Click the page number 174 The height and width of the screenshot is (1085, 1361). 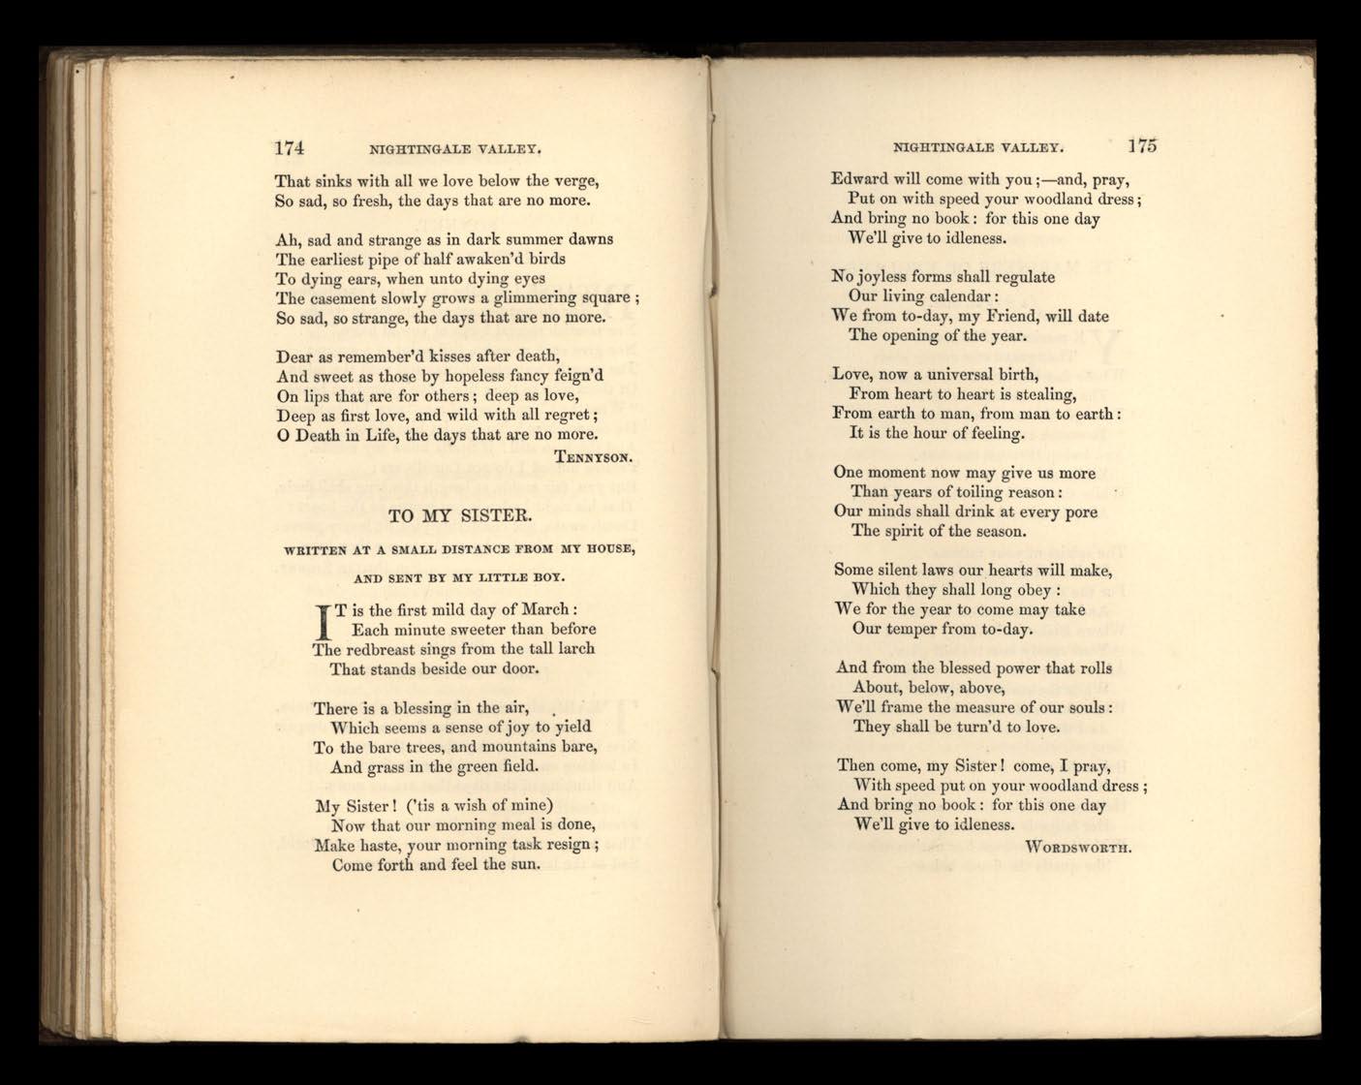291,148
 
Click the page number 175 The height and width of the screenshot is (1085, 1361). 1142,146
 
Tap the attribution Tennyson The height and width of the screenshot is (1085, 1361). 595,455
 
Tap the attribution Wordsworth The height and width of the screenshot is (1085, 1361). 1079,846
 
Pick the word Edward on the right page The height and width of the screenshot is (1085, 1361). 860,179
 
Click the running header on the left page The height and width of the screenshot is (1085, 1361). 453,150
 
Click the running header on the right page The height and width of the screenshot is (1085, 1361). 978,149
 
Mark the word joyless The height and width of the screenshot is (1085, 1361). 888,277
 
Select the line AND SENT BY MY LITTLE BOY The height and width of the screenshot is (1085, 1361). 459,578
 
